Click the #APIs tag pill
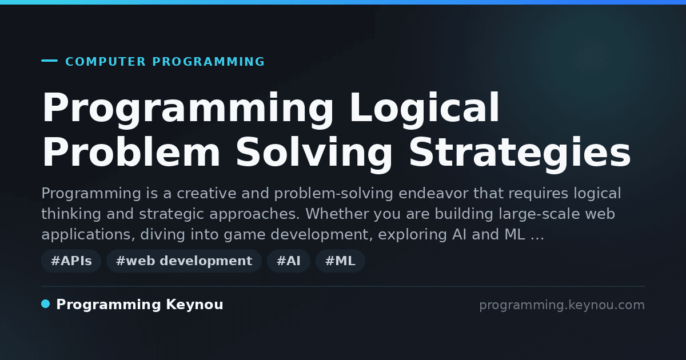[71, 261]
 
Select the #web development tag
[184, 261]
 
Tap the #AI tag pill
[289, 261]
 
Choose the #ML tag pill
[340, 261]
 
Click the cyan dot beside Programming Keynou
[46, 304]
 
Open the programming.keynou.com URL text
[562, 305]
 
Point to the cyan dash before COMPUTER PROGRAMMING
[49, 61]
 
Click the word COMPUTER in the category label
[105, 62]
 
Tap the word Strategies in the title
[520, 152]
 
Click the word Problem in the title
[131, 152]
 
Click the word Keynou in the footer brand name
[194, 305]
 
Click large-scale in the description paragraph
[539, 214]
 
